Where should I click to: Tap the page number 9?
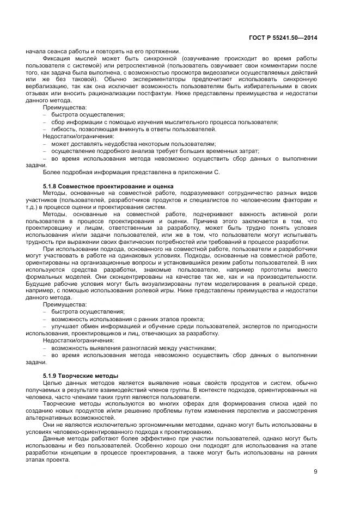315,472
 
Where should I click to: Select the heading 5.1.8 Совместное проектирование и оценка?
108,186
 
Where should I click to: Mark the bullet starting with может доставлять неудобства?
133,143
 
